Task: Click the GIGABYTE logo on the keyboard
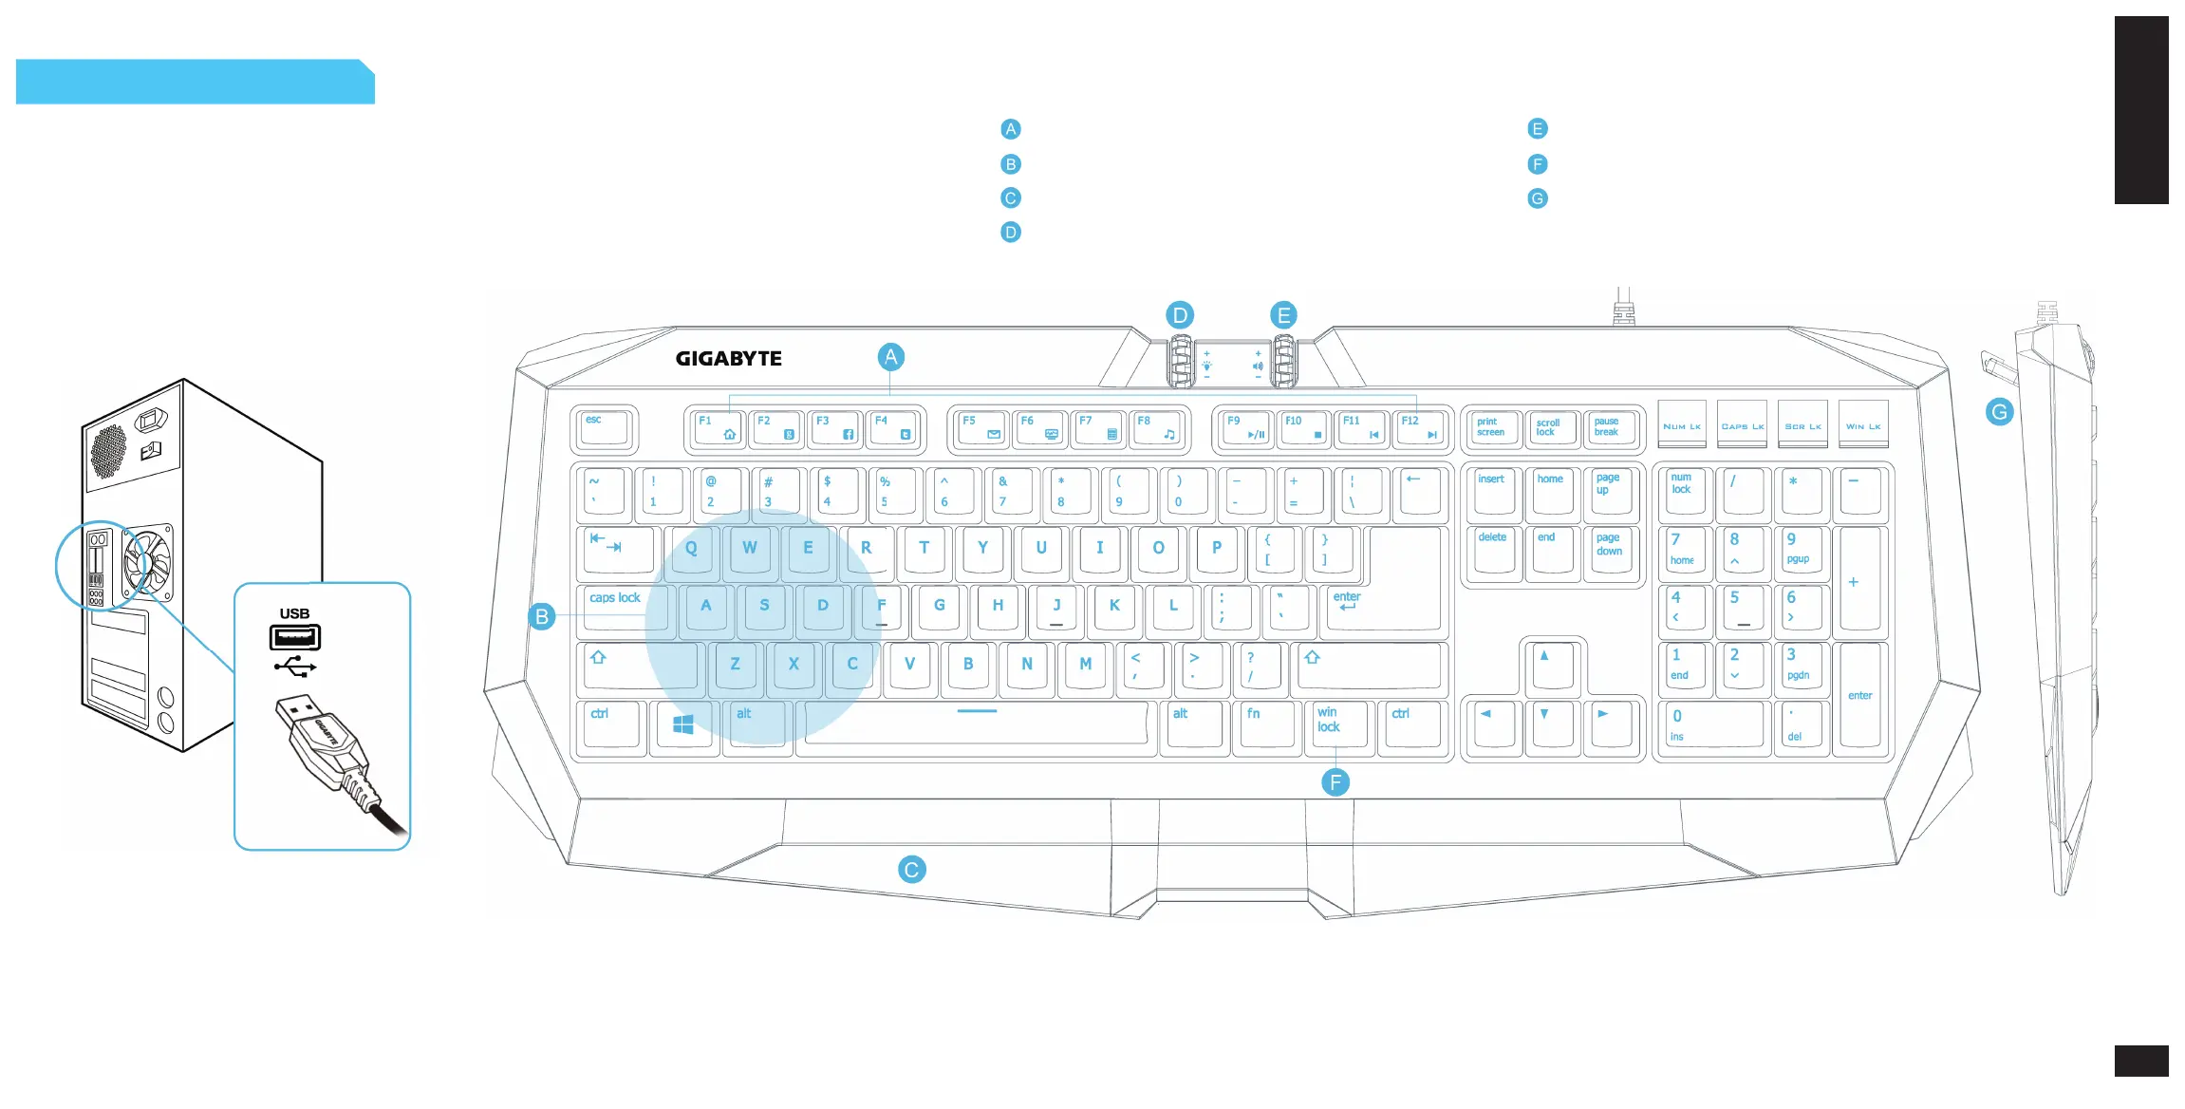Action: click(728, 359)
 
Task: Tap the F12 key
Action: click(1420, 428)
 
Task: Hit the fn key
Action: click(1264, 724)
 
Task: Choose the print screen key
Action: click(1492, 428)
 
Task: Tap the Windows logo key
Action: click(683, 725)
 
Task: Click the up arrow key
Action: click(1546, 664)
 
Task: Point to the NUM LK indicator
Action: click(1681, 426)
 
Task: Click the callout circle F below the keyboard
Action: click(1335, 782)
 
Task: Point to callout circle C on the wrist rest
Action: click(911, 870)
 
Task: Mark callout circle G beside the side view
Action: click(1999, 412)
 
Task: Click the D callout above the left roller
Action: click(1179, 315)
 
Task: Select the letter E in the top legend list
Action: click(1538, 129)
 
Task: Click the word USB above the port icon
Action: click(294, 613)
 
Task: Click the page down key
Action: click(1611, 550)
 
